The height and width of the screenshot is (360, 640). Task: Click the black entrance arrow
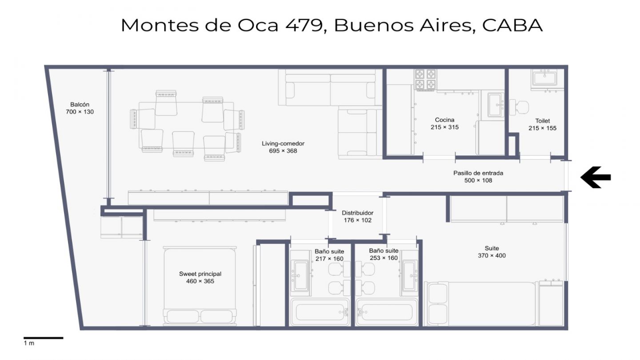point(596,177)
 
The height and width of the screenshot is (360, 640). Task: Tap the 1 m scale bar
point(43,338)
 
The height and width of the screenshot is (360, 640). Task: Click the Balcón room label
point(80,104)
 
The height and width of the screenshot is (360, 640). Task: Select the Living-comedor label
point(283,144)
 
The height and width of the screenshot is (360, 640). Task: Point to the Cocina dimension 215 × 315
point(444,127)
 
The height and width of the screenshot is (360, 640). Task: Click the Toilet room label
point(542,121)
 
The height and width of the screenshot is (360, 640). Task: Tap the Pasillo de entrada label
point(478,173)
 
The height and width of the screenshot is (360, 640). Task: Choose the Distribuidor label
point(357,213)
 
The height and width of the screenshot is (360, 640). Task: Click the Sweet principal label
point(200,274)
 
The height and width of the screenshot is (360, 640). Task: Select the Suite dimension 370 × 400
point(492,256)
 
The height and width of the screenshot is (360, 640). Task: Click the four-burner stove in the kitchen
point(425,80)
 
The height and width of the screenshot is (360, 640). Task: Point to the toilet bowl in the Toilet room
point(519,107)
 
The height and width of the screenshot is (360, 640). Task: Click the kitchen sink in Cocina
point(496,104)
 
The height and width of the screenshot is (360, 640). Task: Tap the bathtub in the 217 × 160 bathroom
point(320,312)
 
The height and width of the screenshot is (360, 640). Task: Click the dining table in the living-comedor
point(186,125)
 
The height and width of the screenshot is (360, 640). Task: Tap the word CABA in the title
point(512,25)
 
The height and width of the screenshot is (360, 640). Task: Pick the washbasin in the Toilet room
point(545,78)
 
